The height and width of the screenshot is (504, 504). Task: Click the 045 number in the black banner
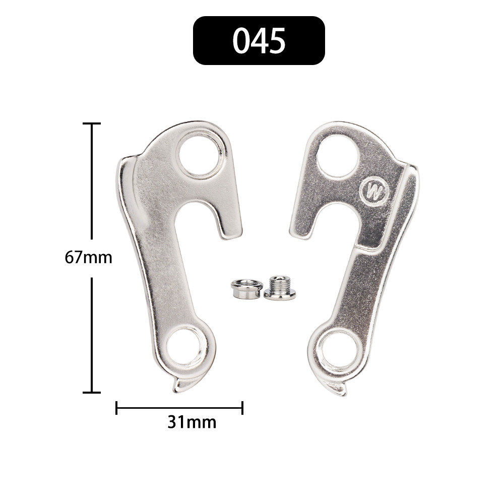pyautogui.click(x=259, y=41)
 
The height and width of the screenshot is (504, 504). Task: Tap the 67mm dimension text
pyautogui.click(x=88, y=258)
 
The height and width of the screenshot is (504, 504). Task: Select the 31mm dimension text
pyautogui.click(x=192, y=422)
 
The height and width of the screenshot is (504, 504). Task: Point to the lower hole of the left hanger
pyautogui.click(x=187, y=348)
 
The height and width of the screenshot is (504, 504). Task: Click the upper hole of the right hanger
pyautogui.click(x=337, y=156)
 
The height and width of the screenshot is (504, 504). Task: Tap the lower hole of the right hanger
pyautogui.click(x=339, y=350)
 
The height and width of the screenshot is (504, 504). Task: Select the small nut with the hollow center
pyautogui.click(x=247, y=289)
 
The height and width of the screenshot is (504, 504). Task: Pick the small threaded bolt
pyautogui.click(x=280, y=288)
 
